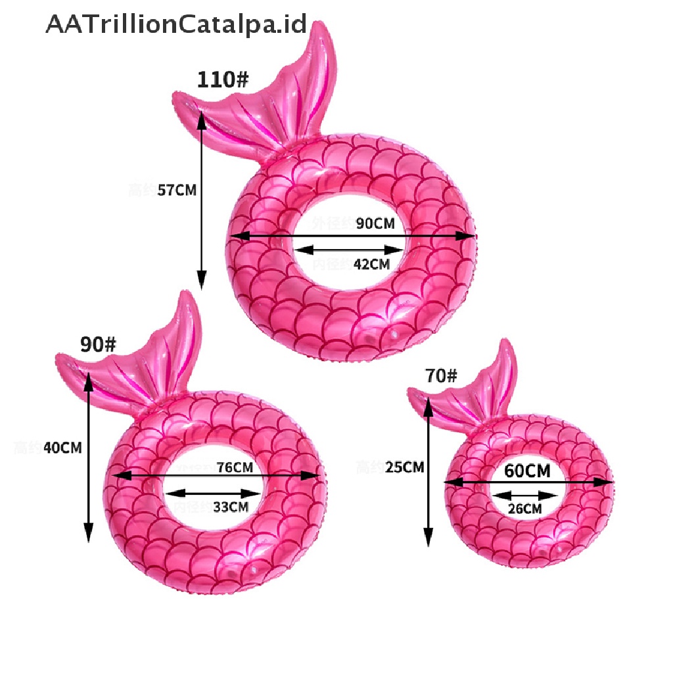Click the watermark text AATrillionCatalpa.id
(x=176, y=24)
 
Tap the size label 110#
(x=223, y=80)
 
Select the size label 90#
(x=98, y=344)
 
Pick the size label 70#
(x=441, y=376)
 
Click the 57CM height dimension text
(x=177, y=191)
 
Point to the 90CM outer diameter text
(x=375, y=223)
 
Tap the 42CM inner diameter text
(x=371, y=264)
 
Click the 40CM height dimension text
(x=62, y=448)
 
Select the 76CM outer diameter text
(x=235, y=467)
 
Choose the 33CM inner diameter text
(x=230, y=507)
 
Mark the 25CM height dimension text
(x=404, y=467)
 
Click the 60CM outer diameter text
(x=527, y=471)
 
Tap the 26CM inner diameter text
(x=524, y=509)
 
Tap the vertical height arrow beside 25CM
(x=429, y=473)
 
